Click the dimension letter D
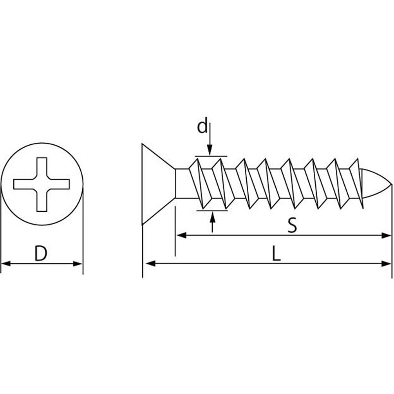pyautogui.click(x=41, y=253)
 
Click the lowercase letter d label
pyautogui.click(x=202, y=127)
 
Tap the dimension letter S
pyautogui.click(x=292, y=225)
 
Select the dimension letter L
pyautogui.click(x=276, y=254)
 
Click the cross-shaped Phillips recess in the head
pyautogui.click(x=42, y=184)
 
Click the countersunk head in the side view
pyautogui.click(x=158, y=184)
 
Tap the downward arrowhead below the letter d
pyautogui.click(x=210, y=150)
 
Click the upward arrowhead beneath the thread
pyautogui.click(x=213, y=217)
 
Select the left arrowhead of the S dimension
pyautogui.click(x=181, y=235)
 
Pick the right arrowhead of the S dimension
pyautogui.click(x=386, y=235)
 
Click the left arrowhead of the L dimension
pyautogui.click(x=151, y=263)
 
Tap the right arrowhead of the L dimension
pyautogui.click(x=386, y=263)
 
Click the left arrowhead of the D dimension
pyautogui.click(x=6, y=263)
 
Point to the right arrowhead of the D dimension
pyautogui.click(x=77, y=263)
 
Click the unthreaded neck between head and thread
pyautogui.click(x=182, y=184)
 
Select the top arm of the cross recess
pyautogui.click(x=42, y=168)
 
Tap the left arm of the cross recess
pyautogui.click(x=23, y=184)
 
